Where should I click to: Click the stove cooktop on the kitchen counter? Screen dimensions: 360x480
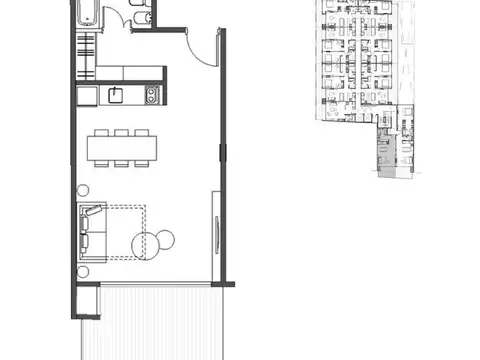tap(151, 95)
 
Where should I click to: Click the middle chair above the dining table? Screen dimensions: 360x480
tap(120, 132)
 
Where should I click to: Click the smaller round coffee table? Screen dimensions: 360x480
tap(166, 238)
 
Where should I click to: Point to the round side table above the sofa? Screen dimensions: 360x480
tap(84, 190)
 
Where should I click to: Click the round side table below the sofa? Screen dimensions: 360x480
tap(84, 271)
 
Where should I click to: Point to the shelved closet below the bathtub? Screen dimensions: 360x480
tap(87, 57)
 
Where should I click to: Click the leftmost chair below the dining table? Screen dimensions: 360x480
tap(101, 162)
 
